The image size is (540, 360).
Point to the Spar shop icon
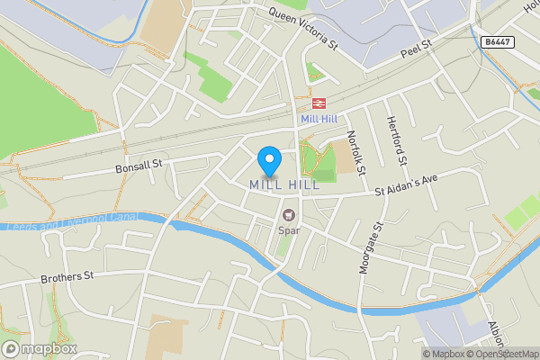289,215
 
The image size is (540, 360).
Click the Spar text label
289,229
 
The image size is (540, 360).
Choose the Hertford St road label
397,141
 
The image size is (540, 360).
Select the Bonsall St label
138,165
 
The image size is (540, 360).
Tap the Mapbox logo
39,348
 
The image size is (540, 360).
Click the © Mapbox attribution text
447,354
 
